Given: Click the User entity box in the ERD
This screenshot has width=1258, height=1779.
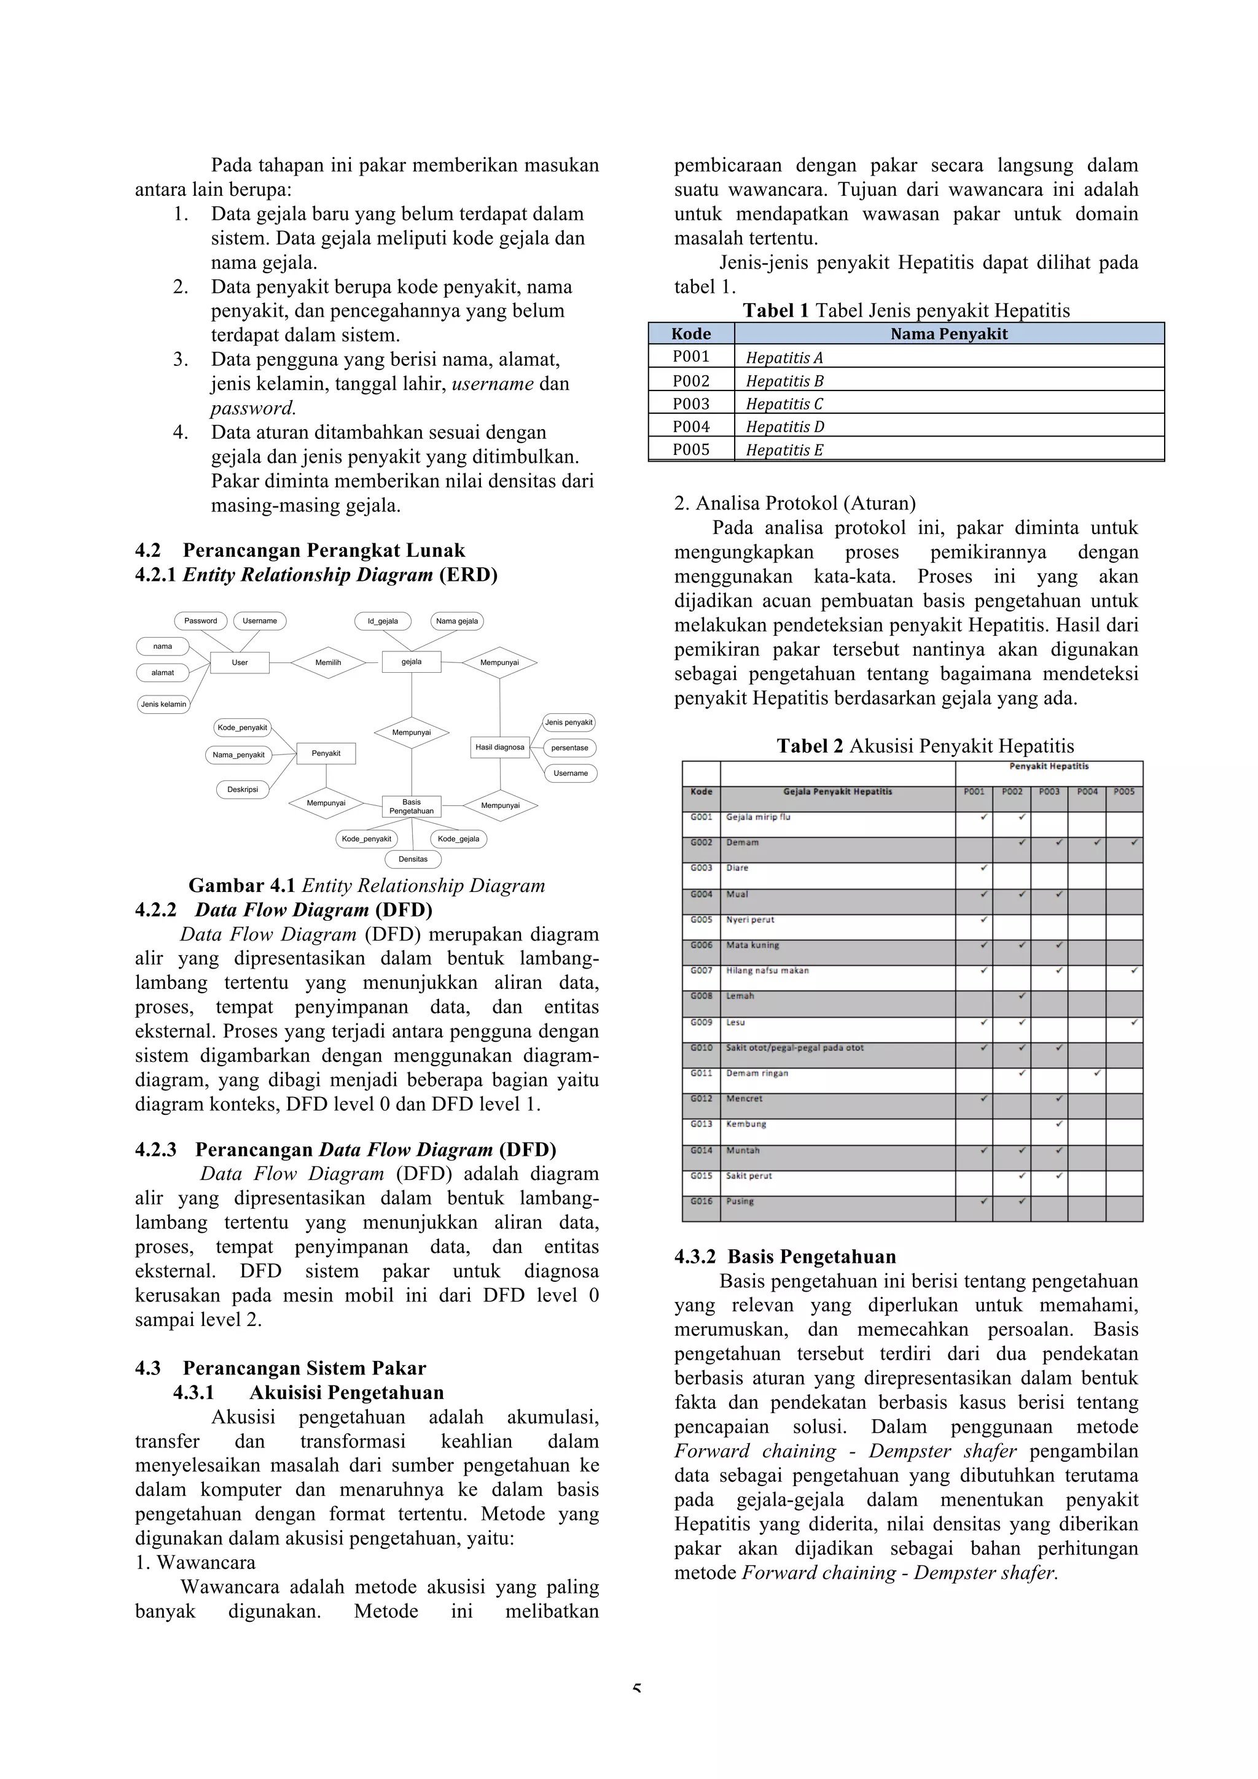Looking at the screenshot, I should pyautogui.click(x=240, y=662).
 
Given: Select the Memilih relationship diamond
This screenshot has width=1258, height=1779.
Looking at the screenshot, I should pyautogui.click(x=328, y=662).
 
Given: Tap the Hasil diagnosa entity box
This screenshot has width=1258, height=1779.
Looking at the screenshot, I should pyautogui.click(x=500, y=747).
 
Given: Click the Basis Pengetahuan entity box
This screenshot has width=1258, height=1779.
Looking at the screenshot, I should pyautogui.click(x=412, y=807).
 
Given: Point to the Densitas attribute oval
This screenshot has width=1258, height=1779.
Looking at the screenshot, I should pyautogui.click(x=413, y=859).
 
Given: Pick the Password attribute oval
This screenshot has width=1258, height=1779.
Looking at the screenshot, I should pyautogui.click(x=201, y=621).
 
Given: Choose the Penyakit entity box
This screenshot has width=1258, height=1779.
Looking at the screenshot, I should pyautogui.click(x=326, y=753).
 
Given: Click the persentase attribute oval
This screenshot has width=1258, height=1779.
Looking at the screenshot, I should pyautogui.click(x=569, y=748).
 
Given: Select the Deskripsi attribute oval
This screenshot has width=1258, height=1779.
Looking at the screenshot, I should pyautogui.click(x=243, y=789).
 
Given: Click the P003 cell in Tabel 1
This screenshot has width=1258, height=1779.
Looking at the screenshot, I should pyautogui.click(x=690, y=403).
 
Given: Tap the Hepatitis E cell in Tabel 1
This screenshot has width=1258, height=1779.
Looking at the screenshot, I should pyautogui.click(x=784, y=450).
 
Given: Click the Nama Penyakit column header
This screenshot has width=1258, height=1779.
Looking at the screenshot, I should pyautogui.click(x=949, y=334).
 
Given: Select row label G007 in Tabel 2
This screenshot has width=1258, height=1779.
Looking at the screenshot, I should pyautogui.click(x=701, y=970).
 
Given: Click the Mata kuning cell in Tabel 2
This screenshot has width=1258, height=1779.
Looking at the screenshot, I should pyautogui.click(x=752, y=945).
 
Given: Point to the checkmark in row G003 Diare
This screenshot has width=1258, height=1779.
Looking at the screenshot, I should pyautogui.click(x=983, y=868).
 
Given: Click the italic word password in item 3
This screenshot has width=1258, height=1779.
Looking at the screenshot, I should pyautogui.click(x=252, y=408).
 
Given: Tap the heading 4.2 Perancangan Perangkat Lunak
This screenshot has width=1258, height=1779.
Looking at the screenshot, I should pyautogui.click(x=300, y=551).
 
